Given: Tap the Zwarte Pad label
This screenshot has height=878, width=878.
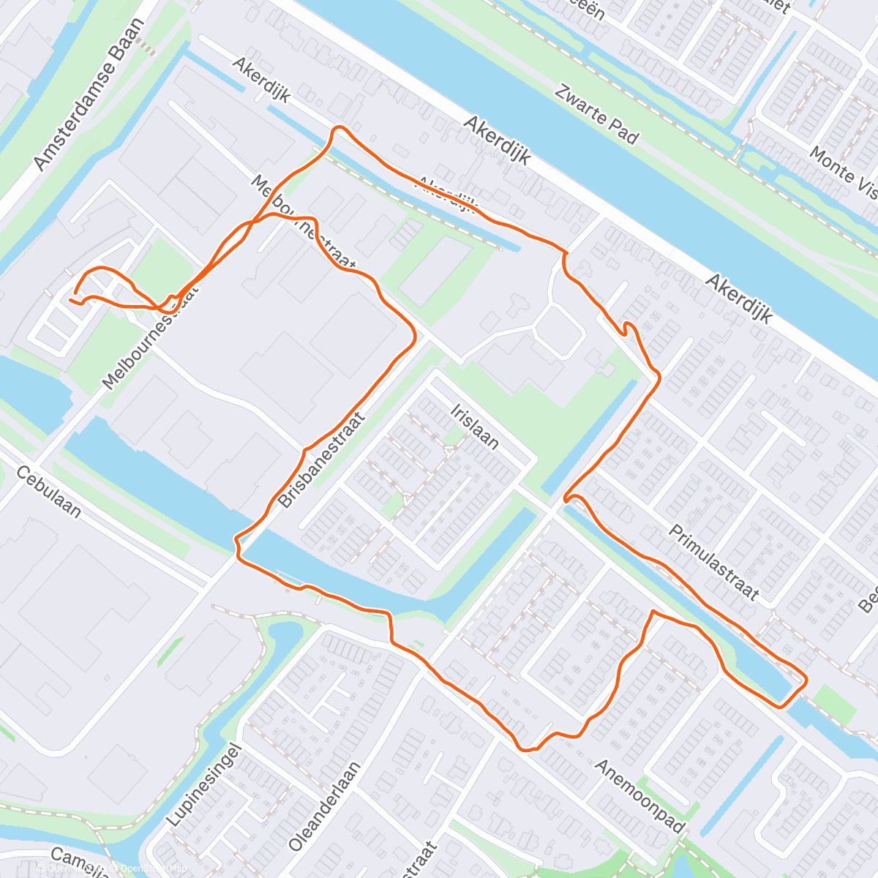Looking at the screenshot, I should coord(596,114).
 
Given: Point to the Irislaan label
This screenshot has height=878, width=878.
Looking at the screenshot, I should coord(475,425).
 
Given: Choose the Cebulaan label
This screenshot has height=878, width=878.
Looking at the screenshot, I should coord(50,492).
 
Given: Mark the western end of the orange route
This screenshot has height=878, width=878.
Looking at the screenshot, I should coord(71,299).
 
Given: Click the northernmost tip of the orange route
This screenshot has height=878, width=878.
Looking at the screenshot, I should coord(339,128).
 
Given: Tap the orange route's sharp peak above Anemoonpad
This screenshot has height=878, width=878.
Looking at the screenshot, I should coord(652,611).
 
